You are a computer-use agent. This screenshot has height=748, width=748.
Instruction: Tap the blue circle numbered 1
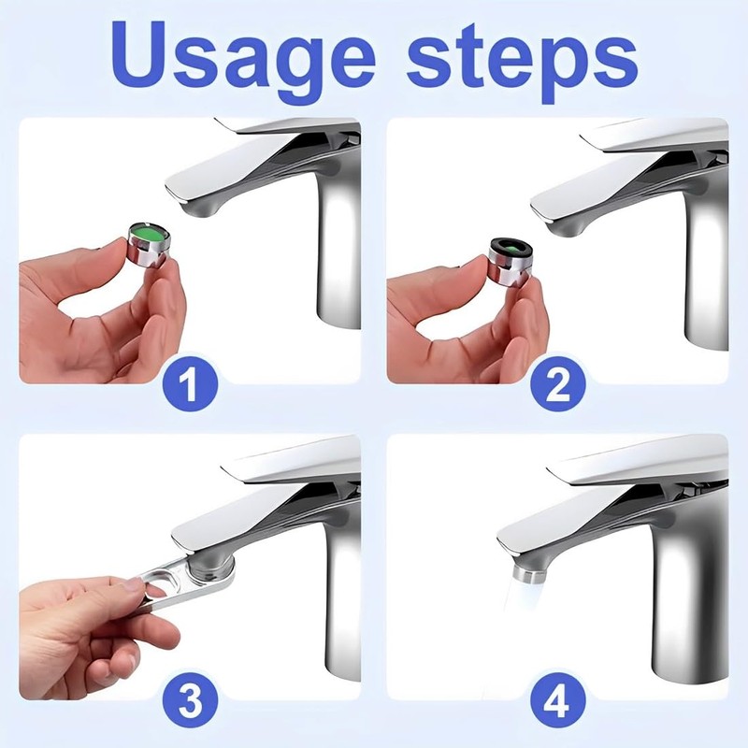pos(191,383)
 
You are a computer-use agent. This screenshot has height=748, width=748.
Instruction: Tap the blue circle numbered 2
pos(557,383)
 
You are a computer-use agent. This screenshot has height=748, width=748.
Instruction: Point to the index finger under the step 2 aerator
pos(525,315)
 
